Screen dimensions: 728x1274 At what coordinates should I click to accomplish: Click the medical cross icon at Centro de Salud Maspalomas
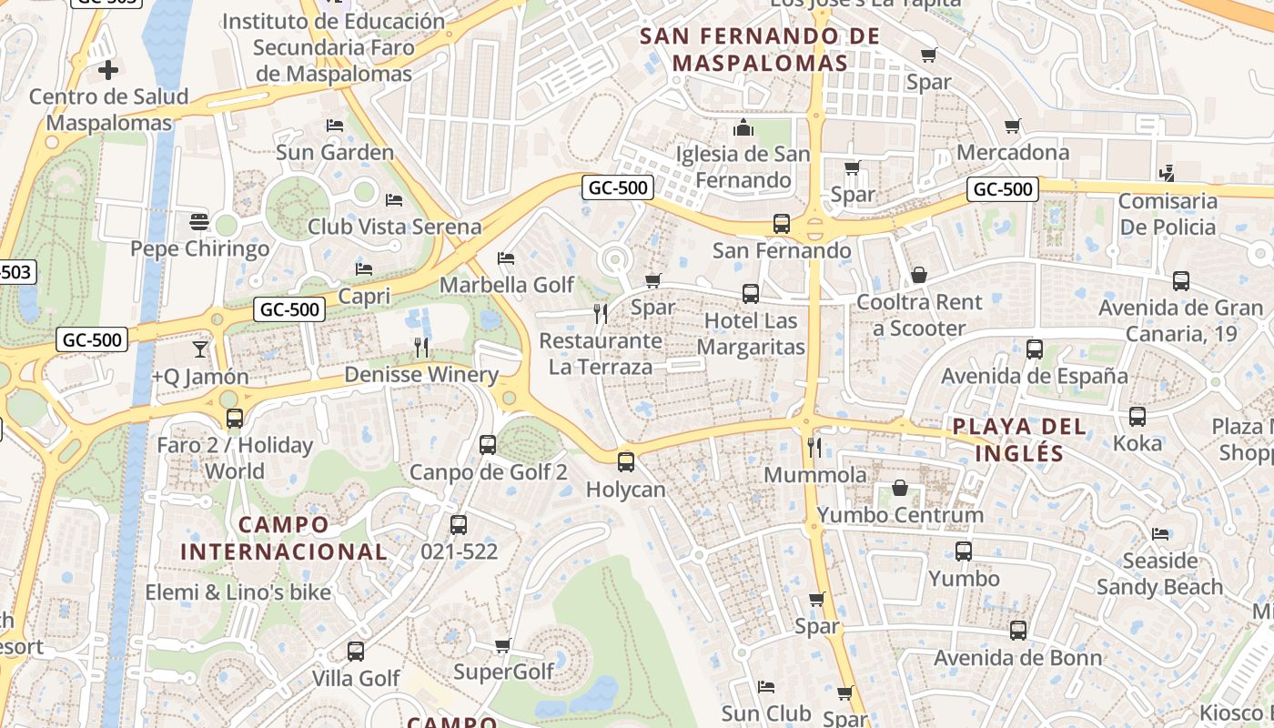[x=108, y=69]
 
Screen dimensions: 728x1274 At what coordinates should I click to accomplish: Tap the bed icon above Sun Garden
[x=335, y=125]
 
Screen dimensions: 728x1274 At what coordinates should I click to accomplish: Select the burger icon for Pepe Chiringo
[x=199, y=221]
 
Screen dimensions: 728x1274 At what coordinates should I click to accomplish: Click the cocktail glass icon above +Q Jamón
[x=200, y=349]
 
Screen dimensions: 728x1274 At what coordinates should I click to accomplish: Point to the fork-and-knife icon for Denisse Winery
[x=421, y=347]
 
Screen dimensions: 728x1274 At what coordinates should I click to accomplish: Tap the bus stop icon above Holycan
[x=626, y=461]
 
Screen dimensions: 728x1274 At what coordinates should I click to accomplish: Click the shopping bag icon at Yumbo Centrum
[x=900, y=488]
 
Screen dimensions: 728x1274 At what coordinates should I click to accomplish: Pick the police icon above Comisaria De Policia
[x=1167, y=173]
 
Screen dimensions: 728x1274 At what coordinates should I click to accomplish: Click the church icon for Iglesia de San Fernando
[x=743, y=127]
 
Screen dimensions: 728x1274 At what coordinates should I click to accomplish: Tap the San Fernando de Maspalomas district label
[x=760, y=49]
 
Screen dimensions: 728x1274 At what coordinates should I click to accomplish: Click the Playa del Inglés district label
[x=1019, y=440]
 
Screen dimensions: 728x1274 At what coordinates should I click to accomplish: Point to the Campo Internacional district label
[x=283, y=538]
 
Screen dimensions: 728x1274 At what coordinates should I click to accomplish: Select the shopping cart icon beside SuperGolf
[x=502, y=645]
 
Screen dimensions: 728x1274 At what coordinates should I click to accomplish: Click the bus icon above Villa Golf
[x=356, y=652]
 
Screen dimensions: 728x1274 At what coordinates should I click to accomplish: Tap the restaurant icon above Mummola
[x=814, y=447]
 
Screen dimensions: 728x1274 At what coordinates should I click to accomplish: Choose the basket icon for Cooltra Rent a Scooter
[x=919, y=275]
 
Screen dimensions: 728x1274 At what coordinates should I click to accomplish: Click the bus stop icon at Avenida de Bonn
[x=1018, y=630]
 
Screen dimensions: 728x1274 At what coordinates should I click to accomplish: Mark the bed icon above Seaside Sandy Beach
[x=1160, y=533]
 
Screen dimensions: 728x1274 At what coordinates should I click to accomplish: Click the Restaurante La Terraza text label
[x=601, y=354]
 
